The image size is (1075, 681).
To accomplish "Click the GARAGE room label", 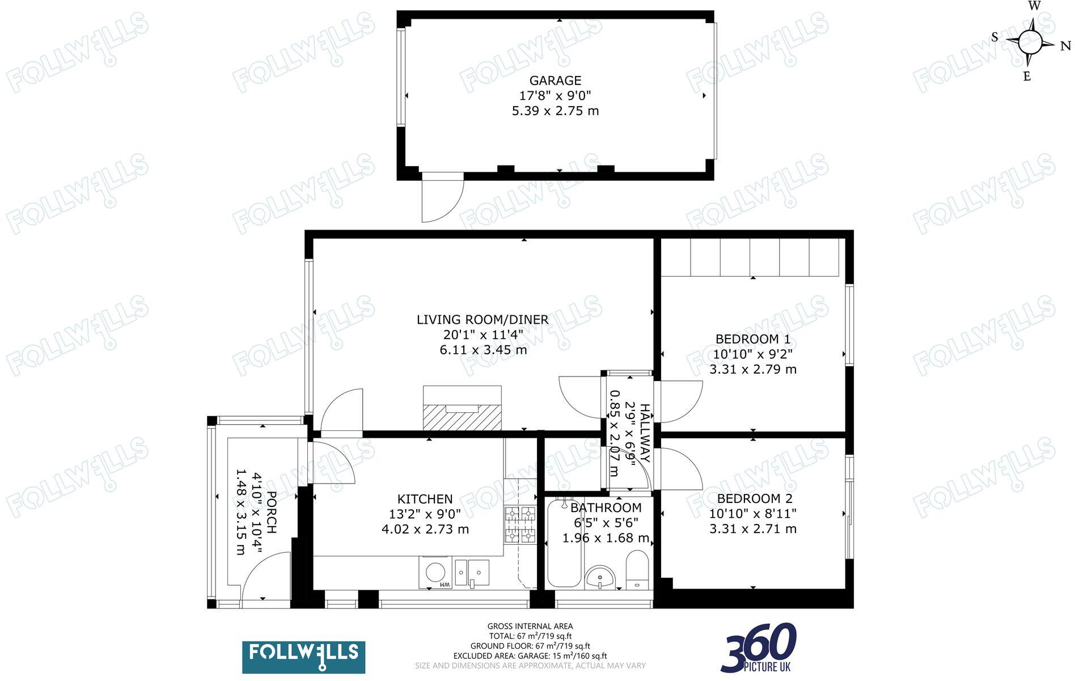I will pos(555,81).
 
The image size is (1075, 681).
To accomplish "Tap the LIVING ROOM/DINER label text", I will pos(483,320).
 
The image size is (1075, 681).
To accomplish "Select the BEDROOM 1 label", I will pos(752,339).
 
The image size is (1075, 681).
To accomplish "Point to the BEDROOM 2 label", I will pos(754,499).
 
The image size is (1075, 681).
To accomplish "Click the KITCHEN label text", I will pos(425,500).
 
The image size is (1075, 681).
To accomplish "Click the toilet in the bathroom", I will pos(637,570).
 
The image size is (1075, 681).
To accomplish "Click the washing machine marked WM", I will pos(435,573).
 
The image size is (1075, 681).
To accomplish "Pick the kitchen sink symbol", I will pos(472,573).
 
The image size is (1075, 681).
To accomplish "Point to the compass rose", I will pos(1030,41).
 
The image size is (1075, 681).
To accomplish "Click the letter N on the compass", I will pos(1065,46).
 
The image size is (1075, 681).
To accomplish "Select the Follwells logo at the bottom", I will pos(303,657).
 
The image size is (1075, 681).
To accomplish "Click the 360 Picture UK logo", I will pos(759,648).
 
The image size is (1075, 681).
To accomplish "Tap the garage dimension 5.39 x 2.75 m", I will pos(555,111).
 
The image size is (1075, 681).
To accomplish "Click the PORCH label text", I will pos(271,512).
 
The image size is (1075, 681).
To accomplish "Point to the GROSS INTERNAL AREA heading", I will pos(530,627).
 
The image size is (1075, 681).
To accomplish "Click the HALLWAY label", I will pos(645,433).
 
